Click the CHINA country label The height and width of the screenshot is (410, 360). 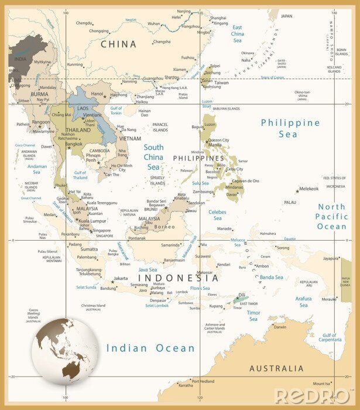[119, 44]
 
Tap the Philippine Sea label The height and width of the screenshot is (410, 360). [290, 128]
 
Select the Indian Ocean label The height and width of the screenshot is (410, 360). [150, 348]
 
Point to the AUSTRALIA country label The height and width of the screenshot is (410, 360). [276, 368]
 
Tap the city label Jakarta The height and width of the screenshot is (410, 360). [121, 278]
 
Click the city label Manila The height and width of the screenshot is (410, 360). [215, 146]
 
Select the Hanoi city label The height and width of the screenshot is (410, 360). [97, 93]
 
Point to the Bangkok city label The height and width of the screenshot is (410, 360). [74, 143]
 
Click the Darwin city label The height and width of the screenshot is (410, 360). [280, 327]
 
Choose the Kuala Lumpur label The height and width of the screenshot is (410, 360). [87, 221]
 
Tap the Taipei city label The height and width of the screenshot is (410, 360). [215, 66]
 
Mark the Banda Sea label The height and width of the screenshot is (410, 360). [271, 277]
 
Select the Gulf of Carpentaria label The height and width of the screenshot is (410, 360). [330, 337]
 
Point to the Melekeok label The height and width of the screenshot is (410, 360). [308, 189]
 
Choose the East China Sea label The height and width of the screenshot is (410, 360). [237, 34]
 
